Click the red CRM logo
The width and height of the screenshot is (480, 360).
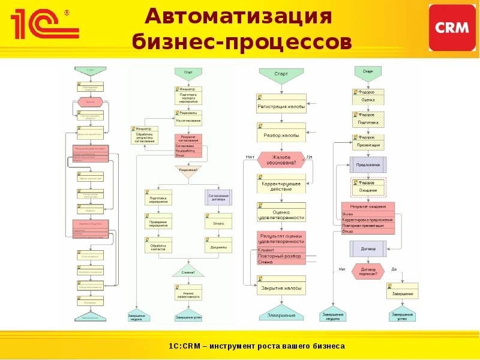[453, 28]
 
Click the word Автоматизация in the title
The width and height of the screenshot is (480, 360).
[239, 16]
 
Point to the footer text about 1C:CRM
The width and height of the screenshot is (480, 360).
[256, 346]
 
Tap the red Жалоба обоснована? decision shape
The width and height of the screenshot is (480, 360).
[281, 160]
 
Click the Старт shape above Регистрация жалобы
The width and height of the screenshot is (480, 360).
[281, 74]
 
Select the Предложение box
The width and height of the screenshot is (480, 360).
[368, 164]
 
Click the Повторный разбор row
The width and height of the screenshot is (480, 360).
[281, 256]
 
